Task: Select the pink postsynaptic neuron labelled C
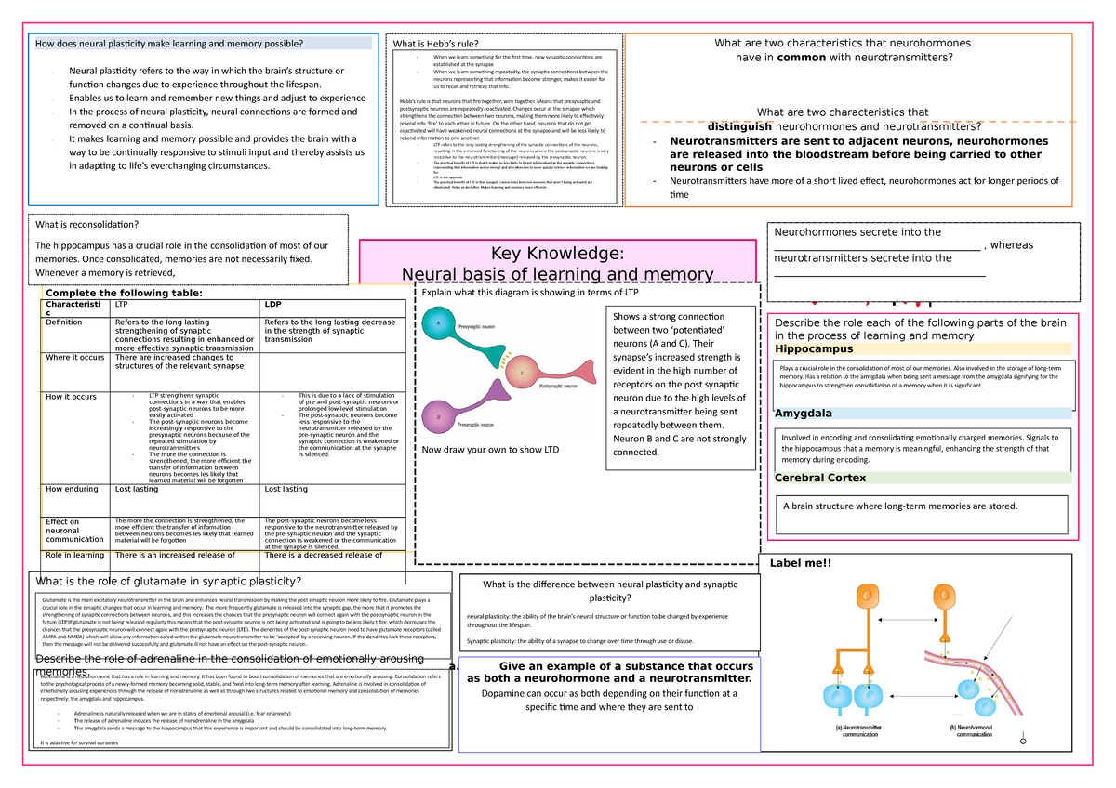click(521, 373)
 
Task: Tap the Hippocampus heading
click(814, 348)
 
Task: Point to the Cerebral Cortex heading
click(819, 478)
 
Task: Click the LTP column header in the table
click(122, 304)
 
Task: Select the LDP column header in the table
click(273, 304)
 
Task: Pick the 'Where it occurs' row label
click(75, 357)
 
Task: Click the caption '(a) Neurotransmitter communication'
click(865, 730)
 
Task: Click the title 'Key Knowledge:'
click(556, 255)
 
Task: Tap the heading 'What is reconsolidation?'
click(86, 224)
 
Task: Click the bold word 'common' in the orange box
click(808, 57)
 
